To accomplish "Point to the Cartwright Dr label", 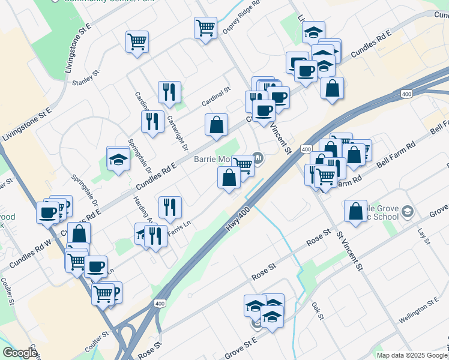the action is point(177,133).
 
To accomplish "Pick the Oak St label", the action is point(318,311).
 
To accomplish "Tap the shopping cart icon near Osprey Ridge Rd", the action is point(205,28).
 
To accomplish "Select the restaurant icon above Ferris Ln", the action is point(170,207).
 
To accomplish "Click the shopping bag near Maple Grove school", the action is point(356,211).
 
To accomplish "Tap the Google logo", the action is point(19,353).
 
